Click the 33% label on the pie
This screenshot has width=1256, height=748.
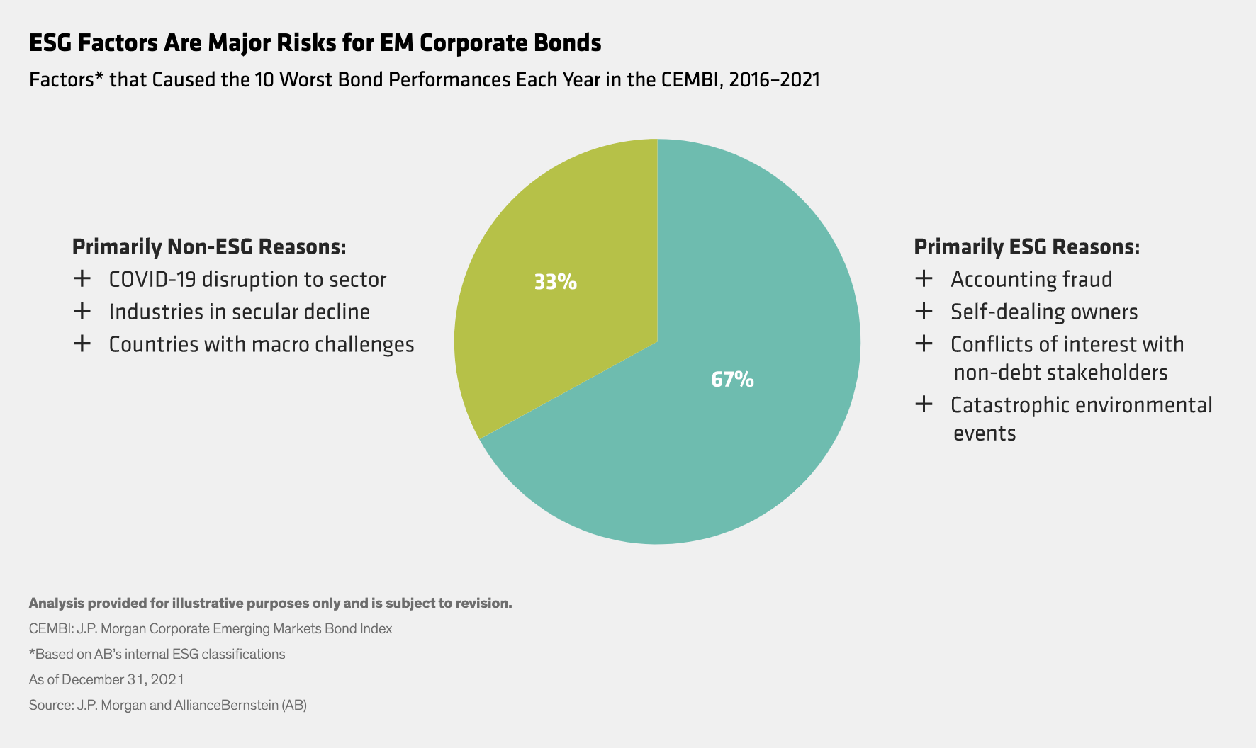tap(555, 282)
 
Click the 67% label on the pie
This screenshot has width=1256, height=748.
tap(732, 380)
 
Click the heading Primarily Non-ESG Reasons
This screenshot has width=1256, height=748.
tap(209, 246)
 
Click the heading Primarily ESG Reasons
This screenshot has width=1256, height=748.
tap(1026, 246)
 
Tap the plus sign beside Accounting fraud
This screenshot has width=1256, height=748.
tap(924, 278)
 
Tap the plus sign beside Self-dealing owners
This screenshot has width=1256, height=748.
tap(924, 311)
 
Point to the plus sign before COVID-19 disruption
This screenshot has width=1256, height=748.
tap(82, 278)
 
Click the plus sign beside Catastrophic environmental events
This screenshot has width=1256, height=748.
tap(924, 404)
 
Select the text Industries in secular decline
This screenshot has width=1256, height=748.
tap(239, 312)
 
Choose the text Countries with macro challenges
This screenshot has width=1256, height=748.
tap(261, 344)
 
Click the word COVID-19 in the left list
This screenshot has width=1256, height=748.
tap(152, 279)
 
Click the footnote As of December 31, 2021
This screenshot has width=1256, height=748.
tap(106, 679)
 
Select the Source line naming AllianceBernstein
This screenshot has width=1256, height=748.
tap(167, 705)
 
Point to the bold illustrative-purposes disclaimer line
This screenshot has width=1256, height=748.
tap(270, 603)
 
